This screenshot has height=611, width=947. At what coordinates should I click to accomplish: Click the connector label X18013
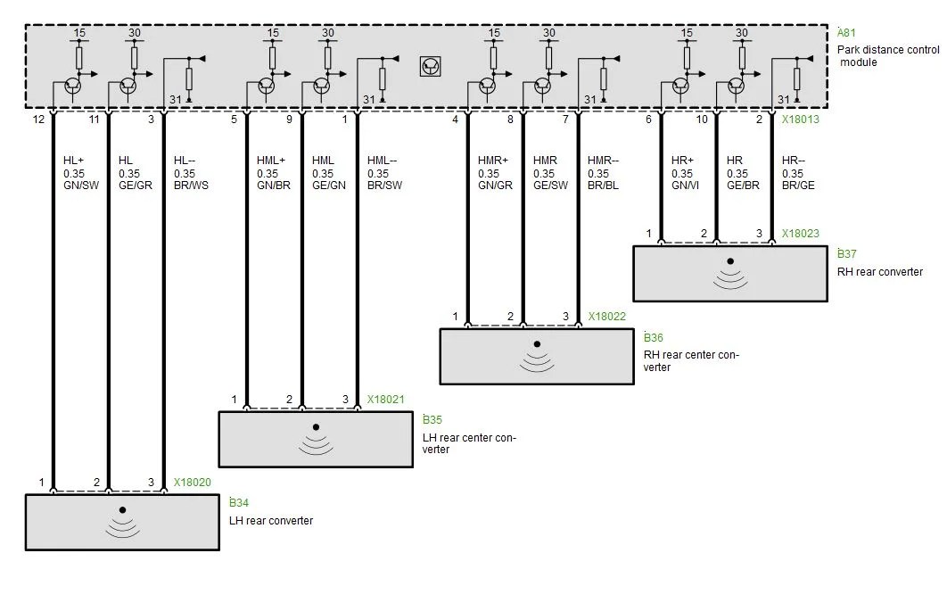pos(800,119)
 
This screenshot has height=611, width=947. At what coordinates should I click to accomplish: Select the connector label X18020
pos(192,483)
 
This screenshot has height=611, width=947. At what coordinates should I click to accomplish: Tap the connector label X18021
pos(385,400)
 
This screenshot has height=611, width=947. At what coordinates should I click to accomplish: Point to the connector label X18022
pos(607,316)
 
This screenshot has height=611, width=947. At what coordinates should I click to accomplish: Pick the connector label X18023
pos(800,234)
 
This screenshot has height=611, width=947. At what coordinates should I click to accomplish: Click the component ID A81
pos(846,33)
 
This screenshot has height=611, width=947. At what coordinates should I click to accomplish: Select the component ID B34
pos(239,502)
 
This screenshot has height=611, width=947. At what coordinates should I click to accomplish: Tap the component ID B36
pos(654,337)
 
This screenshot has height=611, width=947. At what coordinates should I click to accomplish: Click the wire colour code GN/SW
pos(81,186)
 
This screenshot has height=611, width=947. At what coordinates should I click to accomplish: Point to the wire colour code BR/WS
pos(191,186)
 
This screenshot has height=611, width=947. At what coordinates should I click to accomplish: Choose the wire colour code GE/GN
pos(329,186)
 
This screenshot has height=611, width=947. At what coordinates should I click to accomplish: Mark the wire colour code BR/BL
pos(603,186)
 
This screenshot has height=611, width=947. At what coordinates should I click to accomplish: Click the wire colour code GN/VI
pos(685,186)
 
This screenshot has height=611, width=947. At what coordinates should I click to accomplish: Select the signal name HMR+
pos(493,161)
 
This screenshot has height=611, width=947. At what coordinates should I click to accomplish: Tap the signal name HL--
pos(185,161)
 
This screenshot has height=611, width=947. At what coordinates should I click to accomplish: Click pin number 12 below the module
pos(38,119)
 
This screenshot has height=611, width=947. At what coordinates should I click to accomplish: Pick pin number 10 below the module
pos(701,119)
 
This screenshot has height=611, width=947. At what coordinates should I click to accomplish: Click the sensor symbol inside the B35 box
pos(316,440)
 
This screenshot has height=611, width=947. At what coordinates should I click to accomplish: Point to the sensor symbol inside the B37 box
pos(730,274)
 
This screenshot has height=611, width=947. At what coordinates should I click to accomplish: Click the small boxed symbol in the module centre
pos(430,67)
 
